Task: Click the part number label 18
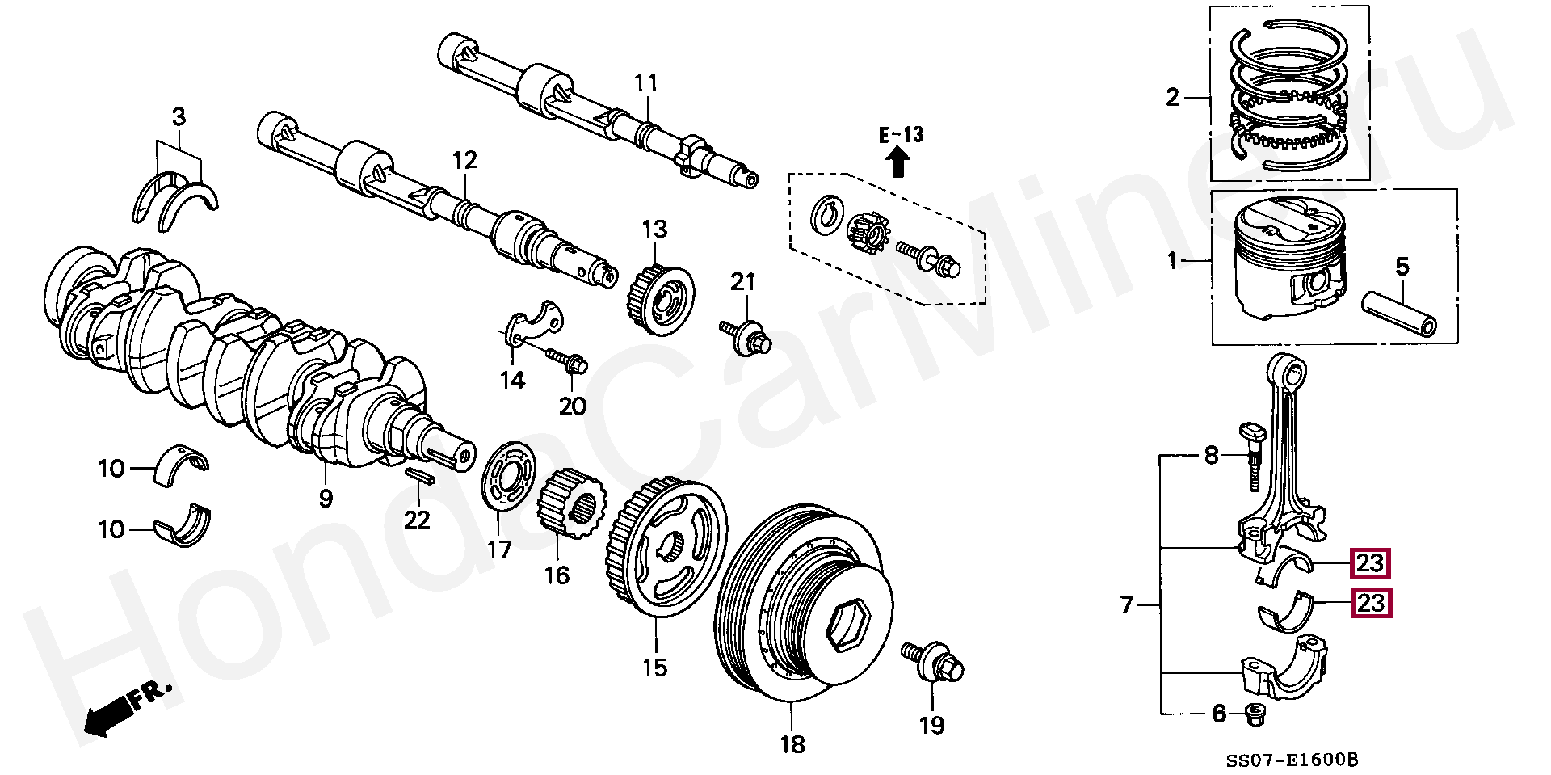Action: coord(793,744)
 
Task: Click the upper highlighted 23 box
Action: coord(1370,563)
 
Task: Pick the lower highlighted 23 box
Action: coord(1370,604)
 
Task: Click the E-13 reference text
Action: coord(901,134)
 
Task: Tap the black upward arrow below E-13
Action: coord(897,164)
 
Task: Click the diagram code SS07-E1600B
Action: coord(1291,760)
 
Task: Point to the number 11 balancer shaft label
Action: coord(645,83)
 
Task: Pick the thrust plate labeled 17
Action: coord(511,478)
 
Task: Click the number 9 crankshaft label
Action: coord(325,499)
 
